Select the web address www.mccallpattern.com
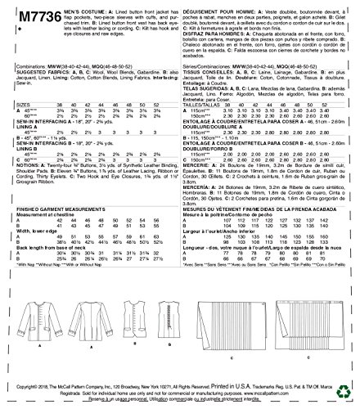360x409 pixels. [x=298, y=393]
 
